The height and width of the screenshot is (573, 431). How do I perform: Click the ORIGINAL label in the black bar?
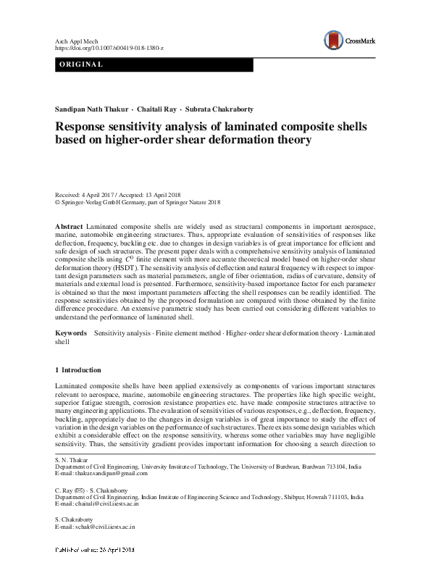(x=82, y=65)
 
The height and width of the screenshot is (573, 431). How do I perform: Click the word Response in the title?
(x=91, y=127)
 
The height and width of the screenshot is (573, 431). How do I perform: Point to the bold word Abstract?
(x=69, y=227)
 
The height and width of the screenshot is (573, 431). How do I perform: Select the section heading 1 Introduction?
(x=81, y=370)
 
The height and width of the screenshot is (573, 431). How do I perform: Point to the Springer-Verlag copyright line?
(x=138, y=204)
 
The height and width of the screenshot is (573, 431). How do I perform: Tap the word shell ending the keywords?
(x=65, y=340)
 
